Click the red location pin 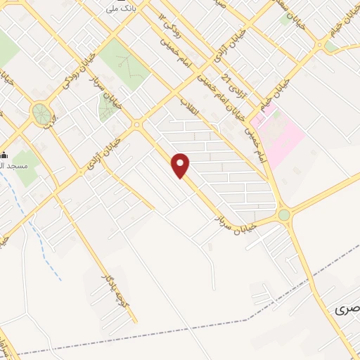(x=181, y=165)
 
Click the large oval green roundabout (x=41, y=112)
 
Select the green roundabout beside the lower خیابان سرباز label (x=284, y=214)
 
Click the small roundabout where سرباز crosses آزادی (x=136, y=125)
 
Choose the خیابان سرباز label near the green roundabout (x=238, y=219)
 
